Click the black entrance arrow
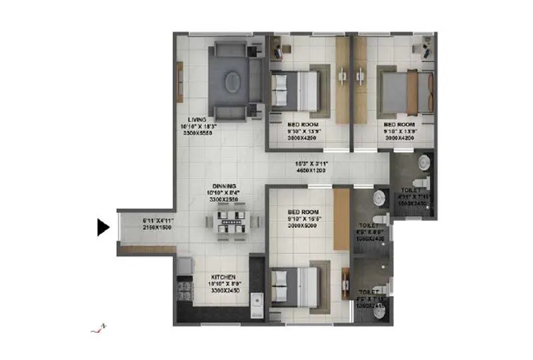tap(103, 227)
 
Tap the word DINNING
tap(223, 186)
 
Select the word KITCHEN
tap(224, 275)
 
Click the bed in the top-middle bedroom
tap(297, 90)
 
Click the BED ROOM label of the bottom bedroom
tap(302, 211)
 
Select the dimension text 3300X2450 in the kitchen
tap(224, 291)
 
